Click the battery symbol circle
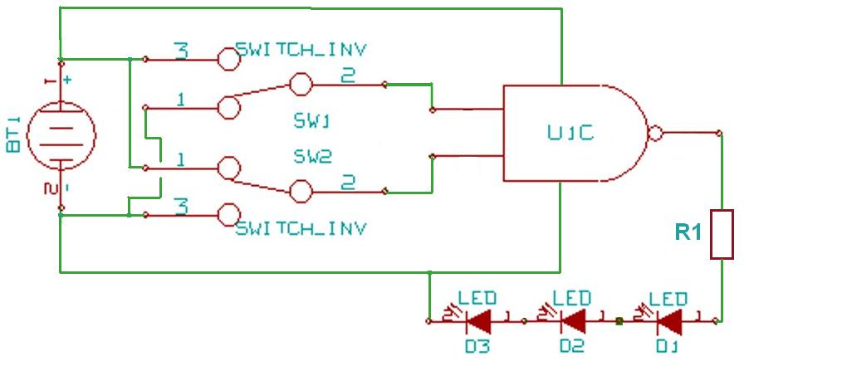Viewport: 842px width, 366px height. click(61, 136)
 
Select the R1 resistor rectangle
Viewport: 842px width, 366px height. click(722, 234)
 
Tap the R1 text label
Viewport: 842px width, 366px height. click(688, 234)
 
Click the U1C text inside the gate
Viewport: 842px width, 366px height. click(570, 133)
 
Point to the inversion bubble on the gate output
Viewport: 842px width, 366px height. click(655, 133)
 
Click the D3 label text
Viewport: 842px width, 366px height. click(477, 346)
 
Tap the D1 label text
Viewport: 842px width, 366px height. click(668, 346)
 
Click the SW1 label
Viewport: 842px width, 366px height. click(312, 121)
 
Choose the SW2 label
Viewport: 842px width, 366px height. click(312, 155)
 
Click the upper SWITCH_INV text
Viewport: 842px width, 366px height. click(301, 48)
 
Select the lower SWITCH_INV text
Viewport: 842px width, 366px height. click(301, 227)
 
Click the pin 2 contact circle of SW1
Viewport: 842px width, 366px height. click(301, 84)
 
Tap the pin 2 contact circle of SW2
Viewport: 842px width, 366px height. click(301, 192)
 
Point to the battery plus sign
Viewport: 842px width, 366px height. click(66, 80)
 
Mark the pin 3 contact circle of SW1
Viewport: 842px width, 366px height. click(228, 59)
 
